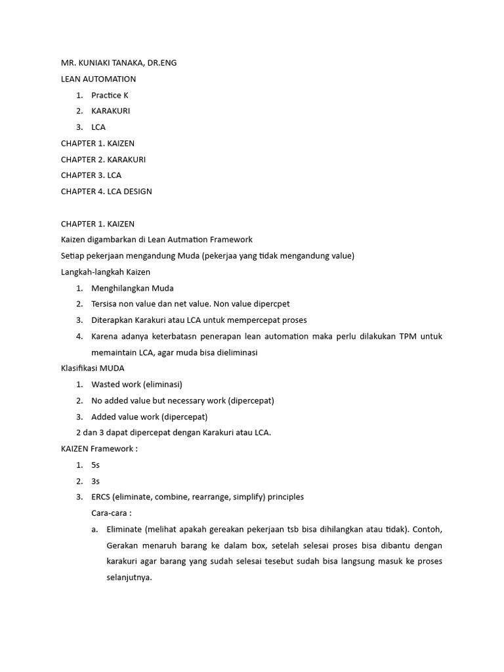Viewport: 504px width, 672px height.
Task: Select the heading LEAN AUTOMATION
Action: [98, 79]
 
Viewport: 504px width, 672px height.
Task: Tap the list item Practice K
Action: [110, 95]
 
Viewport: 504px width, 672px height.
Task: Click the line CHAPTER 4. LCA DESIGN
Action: [106, 192]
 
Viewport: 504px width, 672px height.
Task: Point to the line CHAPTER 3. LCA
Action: [91, 175]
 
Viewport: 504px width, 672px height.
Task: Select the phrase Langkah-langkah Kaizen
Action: [106, 272]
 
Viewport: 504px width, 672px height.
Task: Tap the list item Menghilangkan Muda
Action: [133, 288]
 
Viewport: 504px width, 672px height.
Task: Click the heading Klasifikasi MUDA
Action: [93, 368]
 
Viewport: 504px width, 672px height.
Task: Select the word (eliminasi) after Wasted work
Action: [162, 385]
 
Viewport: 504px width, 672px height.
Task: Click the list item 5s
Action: [95, 465]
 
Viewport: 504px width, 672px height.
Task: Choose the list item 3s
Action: [95, 481]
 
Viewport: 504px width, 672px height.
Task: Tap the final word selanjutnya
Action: [129, 577]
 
